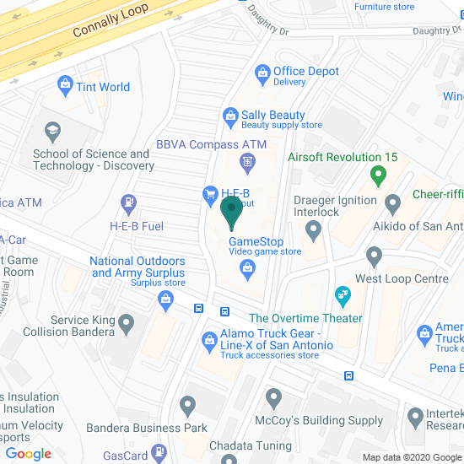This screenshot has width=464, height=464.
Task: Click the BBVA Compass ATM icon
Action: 247,160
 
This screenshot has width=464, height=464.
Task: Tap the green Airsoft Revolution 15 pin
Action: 378,176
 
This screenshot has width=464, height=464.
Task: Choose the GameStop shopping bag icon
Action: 247,269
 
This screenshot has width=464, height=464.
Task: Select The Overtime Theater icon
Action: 342,295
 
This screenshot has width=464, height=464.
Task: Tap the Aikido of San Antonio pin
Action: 392,203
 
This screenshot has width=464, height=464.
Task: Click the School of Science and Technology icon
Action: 52,131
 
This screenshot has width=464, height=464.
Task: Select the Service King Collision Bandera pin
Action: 127,321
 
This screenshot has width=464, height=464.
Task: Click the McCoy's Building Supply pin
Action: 272,397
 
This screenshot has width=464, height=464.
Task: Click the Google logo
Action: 29,454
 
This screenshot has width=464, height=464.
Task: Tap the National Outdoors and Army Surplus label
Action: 138,267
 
